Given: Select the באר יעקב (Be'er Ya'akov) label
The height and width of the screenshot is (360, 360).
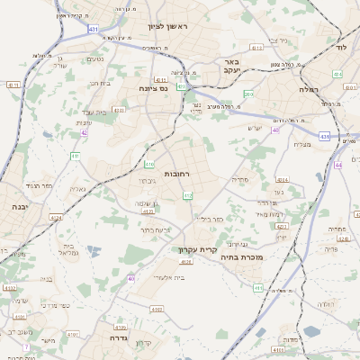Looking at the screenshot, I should pyautogui.click(x=229, y=70).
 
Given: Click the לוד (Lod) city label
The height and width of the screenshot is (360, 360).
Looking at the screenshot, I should pyautogui.click(x=339, y=45).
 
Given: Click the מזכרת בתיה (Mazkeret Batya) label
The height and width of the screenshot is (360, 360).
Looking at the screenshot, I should pyautogui.click(x=276, y=257).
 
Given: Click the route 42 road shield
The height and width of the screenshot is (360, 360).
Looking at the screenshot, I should pyautogui.click(x=84, y=132).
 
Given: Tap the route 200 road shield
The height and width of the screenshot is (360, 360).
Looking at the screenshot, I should pyautogui.click(x=248, y=94).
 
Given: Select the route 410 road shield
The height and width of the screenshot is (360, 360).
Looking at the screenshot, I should pyautogui.click(x=149, y=164).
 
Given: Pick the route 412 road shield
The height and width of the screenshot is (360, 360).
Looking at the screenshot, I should pyautogui.click(x=188, y=195).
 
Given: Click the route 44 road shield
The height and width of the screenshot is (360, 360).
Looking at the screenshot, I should pyautogui.click(x=338, y=166).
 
